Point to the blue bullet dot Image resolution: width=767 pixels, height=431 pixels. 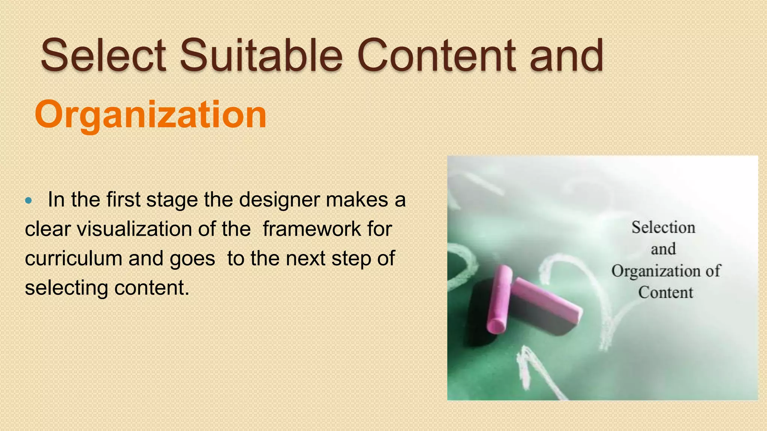click(28, 201)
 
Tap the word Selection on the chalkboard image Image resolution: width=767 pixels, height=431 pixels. click(663, 227)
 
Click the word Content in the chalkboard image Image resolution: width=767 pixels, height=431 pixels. click(666, 293)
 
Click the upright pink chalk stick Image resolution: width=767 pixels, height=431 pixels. click(499, 299)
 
